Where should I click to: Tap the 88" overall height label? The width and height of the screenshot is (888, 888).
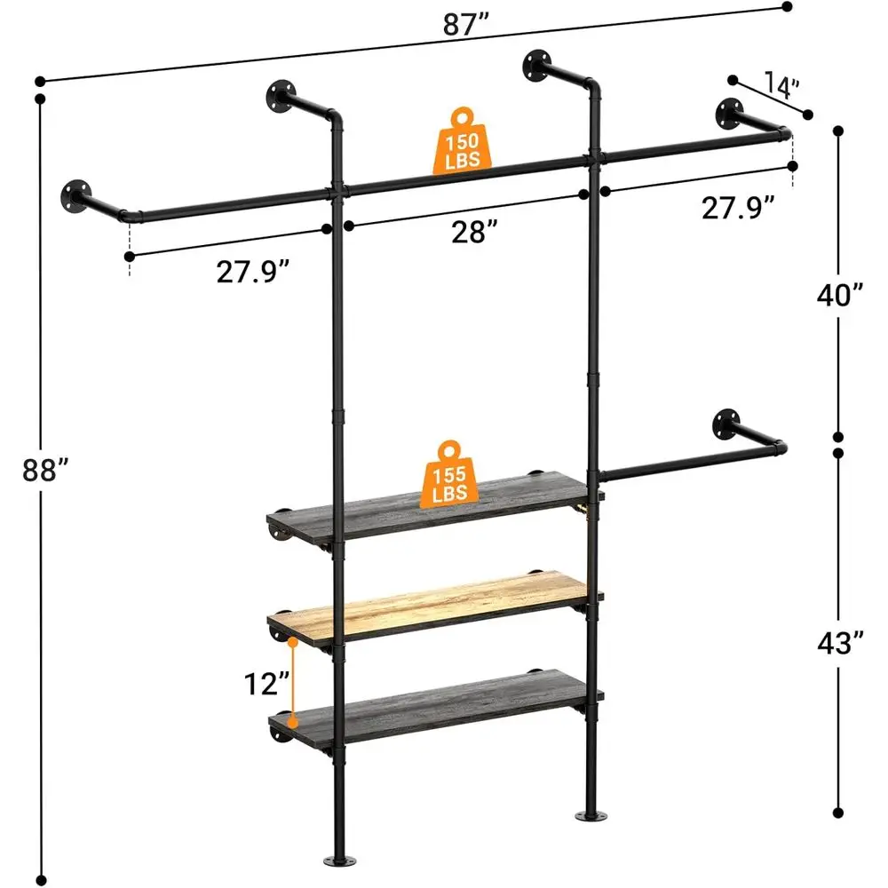point(45,470)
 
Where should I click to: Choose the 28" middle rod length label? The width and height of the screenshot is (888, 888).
point(472,233)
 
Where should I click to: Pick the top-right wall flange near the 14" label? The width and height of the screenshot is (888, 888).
point(733,113)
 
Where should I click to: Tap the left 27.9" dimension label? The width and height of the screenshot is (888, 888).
point(254,272)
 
